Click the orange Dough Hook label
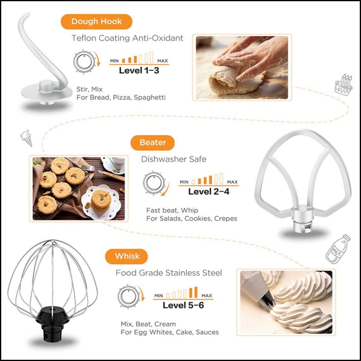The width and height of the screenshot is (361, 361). pos(97,22)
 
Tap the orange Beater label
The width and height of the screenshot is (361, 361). pos(153,143)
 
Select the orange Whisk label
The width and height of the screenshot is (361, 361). pos(126,256)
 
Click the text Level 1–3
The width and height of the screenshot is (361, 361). pos(139,71)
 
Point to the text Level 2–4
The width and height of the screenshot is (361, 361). pos(209,192)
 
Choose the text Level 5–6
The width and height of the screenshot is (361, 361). pos(183,305)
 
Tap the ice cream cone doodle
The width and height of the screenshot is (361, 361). pos(26,138)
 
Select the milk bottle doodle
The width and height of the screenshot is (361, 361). pos(338,249)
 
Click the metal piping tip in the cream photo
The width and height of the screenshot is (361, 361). pos(267,301)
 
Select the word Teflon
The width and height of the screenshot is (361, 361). pos(84,38)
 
